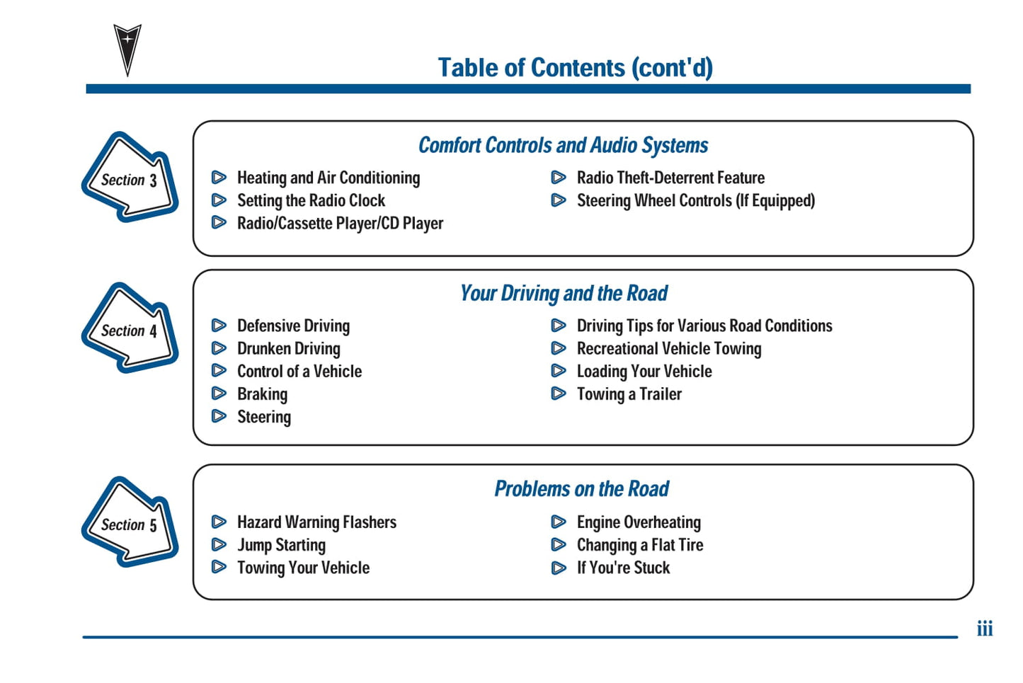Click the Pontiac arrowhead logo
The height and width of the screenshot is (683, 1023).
[127, 48]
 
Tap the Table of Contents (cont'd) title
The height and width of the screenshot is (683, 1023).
[575, 68]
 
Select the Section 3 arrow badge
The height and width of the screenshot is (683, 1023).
[130, 178]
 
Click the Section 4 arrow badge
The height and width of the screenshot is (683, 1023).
[130, 328]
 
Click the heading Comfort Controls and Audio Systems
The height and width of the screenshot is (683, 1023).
[563, 146]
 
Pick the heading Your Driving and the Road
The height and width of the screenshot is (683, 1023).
[564, 294]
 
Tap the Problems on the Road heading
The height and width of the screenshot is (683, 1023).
[581, 489]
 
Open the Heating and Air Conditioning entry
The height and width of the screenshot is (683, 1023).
[328, 178]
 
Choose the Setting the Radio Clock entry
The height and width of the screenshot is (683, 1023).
[311, 200]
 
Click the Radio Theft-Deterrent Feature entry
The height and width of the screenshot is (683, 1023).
[670, 178]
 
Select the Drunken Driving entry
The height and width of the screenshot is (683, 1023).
[289, 349]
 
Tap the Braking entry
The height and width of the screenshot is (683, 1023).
[262, 394]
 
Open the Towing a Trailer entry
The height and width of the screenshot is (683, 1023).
[629, 394]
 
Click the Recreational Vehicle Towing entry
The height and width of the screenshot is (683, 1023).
[669, 349]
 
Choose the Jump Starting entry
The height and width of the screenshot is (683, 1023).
[281, 545]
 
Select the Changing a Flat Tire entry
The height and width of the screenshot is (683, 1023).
[640, 545]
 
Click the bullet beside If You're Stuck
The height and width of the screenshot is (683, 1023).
[559, 568]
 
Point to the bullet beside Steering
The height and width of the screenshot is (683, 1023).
[219, 416]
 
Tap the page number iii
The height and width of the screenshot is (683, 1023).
[985, 629]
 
